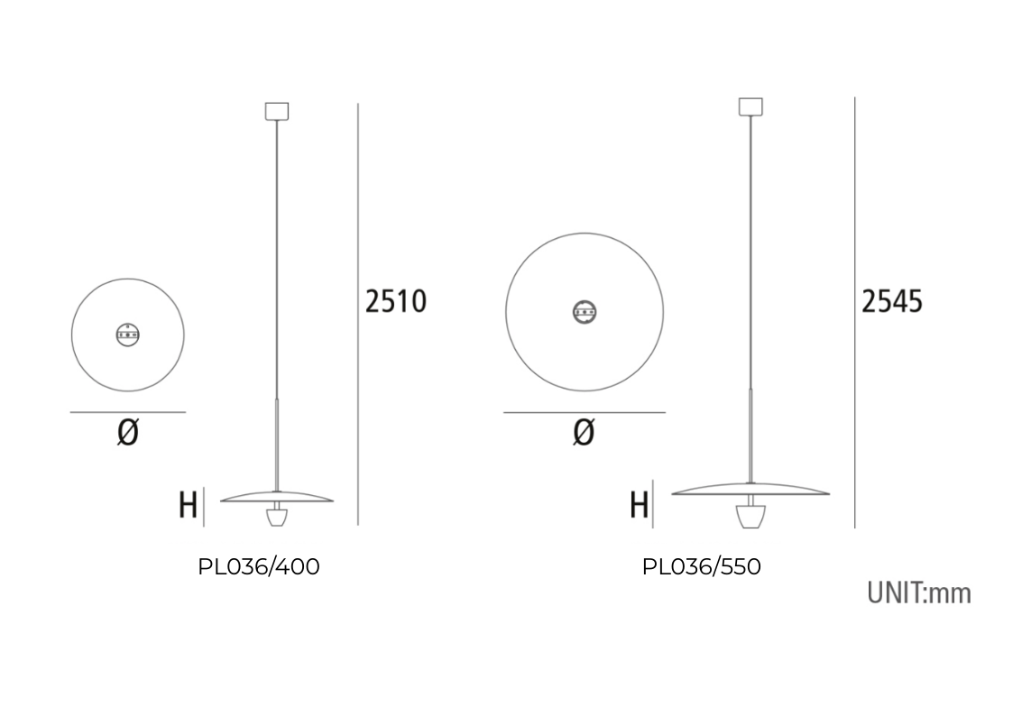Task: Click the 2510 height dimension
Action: point(395,301)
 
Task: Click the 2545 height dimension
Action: point(891,301)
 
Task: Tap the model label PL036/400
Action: point(258,567)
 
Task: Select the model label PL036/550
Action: point(701,567)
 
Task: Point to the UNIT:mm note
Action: point(918,592)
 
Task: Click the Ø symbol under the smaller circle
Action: point(128,432)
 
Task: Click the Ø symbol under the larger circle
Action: point(584,432)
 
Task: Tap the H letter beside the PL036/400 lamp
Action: point(188,505)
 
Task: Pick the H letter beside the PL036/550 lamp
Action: point(639,505)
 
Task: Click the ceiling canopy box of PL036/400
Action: point(277,111)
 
